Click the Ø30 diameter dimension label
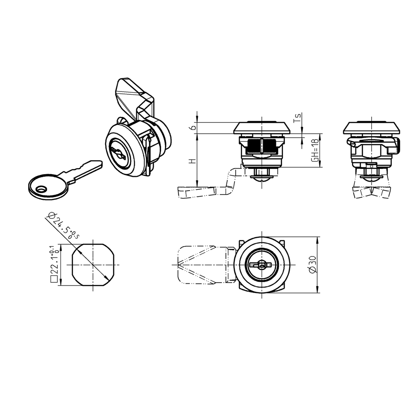point(313,265)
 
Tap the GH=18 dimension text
point(315,151)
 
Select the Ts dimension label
point(297,118)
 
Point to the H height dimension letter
point(193,161)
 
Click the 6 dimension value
point(193,127)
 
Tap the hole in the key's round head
point(41,189)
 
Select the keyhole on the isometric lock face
point(119,152)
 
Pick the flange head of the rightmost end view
point(372,128)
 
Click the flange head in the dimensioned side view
point(261,128)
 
